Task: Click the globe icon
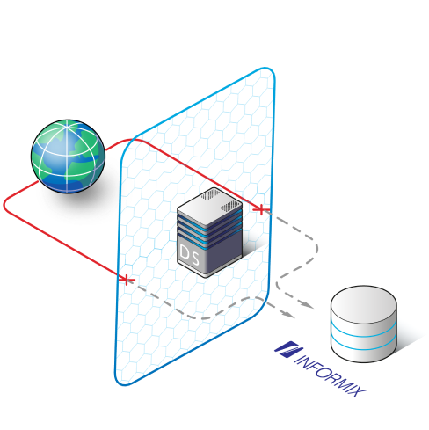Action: (x=68, y=157)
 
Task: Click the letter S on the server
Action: (x=195, y=257)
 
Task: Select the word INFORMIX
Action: (x=331, y=375)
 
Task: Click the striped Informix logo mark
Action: (x=288, y=349)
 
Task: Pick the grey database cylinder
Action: (x=364, y=324)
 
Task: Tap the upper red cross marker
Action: (x=260, y=209)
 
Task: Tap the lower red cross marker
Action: (x=127, y=280)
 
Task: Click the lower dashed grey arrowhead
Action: (x=288, y=314)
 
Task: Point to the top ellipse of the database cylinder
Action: (x=364, y=304)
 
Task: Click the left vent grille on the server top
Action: (x=210, y=194)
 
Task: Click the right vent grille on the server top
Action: (x=231, y=207)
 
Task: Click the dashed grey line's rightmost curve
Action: (x=316, y=249)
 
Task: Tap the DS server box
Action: (x=209, y=232)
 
